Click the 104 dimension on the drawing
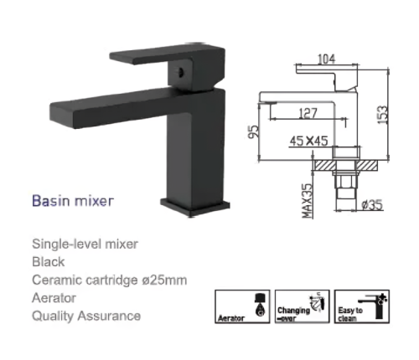(326, 59)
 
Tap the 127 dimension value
(308, 113)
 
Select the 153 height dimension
(383, 115)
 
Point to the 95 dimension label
(254, 131)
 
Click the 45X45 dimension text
(308, 141)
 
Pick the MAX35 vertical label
(307, 201)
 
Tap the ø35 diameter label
(372, 205)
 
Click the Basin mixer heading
(73, 201)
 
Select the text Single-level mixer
(85, 244)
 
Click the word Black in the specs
(49, 262)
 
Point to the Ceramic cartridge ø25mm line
(110, 280)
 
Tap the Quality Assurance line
(86, 316)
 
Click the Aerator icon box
(242, 306)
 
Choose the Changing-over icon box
(302, 306)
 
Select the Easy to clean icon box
(362, 306)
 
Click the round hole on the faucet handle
(180, 72)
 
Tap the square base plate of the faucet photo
(195, 207)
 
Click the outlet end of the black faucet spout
(62, 115)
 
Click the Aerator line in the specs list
(54, 298)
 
